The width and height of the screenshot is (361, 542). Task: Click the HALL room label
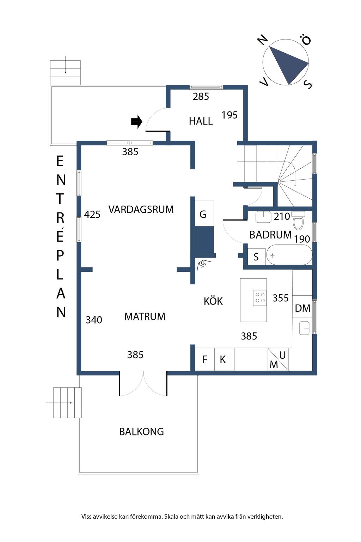(x=201, y=121)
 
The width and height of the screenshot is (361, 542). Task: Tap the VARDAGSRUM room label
(x=141, y=209)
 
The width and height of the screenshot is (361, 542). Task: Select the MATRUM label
(x=145, y=317)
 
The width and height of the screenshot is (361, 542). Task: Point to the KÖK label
(x=213, y=301)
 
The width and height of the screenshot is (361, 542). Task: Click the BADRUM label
(x=270, y=235)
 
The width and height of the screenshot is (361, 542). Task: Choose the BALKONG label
(x=141, y=432)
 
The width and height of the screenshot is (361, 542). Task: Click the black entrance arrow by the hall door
(x=136, y=122)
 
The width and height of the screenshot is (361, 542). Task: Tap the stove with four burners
(x=260, y=297)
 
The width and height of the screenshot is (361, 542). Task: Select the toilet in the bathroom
(x=298, y=221)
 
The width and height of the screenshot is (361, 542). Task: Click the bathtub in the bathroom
(x=289, y=255)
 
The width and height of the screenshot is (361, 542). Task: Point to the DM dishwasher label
(x=302, y=308)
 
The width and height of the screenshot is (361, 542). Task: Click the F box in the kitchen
(x=204, y=360)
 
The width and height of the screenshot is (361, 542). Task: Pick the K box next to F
(x=223, y=360)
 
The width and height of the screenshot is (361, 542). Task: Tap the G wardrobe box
(x=203, y=214)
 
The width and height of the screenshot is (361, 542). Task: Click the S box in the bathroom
(x=256, y=257)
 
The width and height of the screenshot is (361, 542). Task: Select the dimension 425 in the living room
(x=92, y=215)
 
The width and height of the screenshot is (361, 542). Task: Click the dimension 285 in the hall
(x=201, y=96)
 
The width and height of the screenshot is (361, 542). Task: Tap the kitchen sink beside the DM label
(x=304, y=328)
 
